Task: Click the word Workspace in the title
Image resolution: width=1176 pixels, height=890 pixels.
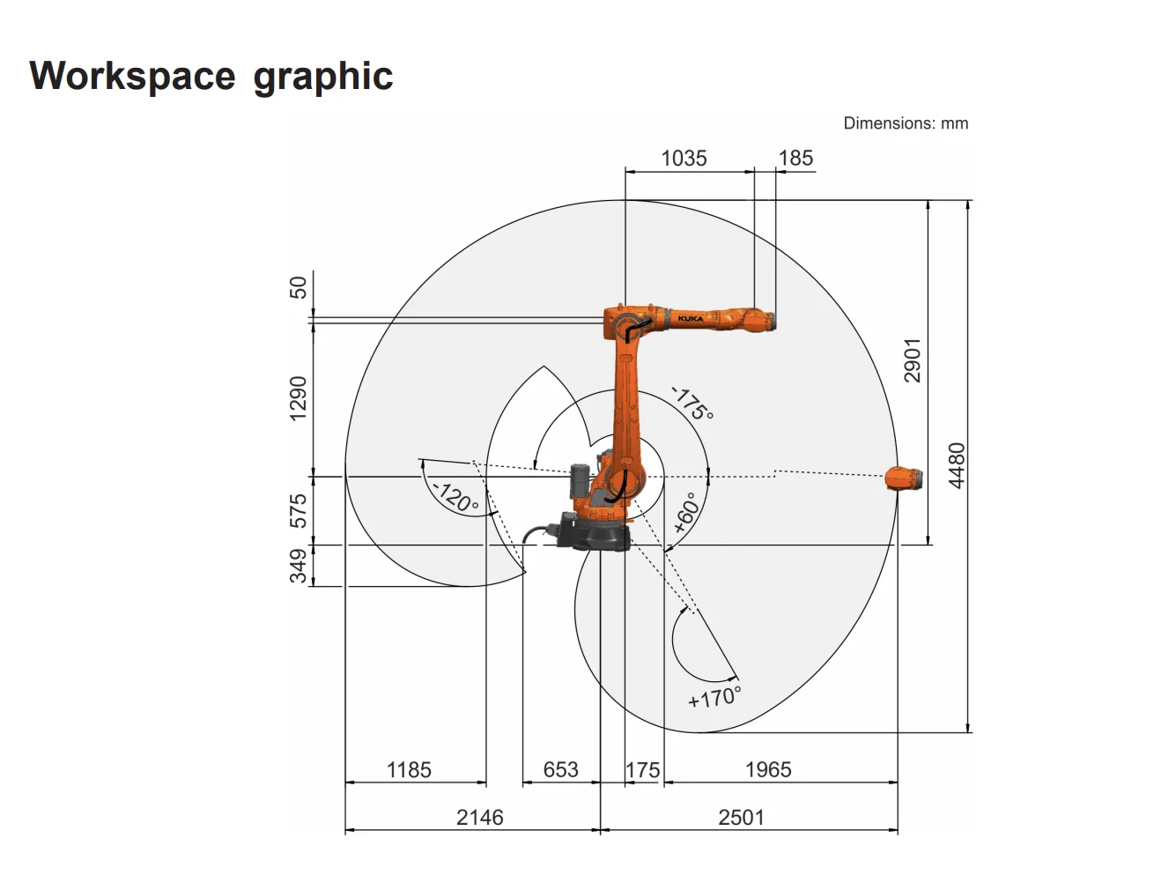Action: click(132, 77)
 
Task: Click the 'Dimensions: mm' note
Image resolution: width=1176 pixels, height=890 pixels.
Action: click(905, 123)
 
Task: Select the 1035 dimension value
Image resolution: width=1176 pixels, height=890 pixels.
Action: click(684, 159)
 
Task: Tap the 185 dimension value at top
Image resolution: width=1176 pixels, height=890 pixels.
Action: click(795, 159)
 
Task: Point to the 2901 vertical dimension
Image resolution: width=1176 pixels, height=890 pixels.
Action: click(913, 360)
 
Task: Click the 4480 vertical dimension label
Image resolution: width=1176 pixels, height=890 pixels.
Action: click(957, 465)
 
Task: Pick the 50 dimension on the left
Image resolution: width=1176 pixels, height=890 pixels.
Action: click(299, 287)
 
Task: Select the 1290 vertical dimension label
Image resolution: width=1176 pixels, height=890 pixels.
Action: click(299, 398)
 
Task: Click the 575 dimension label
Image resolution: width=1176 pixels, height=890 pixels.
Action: click(299, 511)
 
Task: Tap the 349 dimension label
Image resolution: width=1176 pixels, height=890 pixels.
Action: click(299, 566)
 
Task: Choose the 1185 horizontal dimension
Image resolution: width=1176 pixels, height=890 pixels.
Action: click(409, 770)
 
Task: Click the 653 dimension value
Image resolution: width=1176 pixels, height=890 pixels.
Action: click(560, 770)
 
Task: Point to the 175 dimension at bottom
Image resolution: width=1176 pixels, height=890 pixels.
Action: click(643, 770)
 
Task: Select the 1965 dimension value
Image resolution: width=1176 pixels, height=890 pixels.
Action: click(768, 770)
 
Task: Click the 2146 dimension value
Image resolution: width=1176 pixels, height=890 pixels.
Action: click(479, 818)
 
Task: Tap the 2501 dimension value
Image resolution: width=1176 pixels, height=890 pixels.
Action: click(741, 818)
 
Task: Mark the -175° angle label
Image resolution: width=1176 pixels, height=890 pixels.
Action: click(692, 404)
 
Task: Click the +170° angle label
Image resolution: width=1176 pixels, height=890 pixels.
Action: click(714, 697)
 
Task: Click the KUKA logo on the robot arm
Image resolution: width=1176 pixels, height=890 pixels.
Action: click(690, 318)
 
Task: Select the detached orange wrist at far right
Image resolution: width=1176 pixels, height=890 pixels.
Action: click(904, 478)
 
